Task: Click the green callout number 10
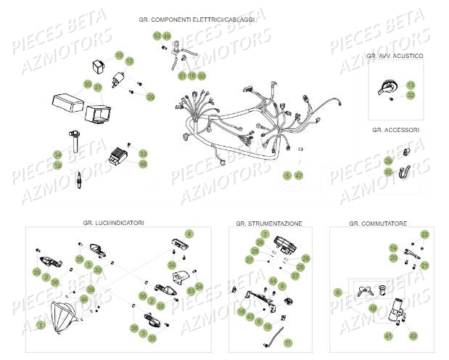(x=120, y=56)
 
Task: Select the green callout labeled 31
(x=98, y=86)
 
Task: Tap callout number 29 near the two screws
(x=150, y=97)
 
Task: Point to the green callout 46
(x=143, y=164)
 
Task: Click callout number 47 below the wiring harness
(x=298, y=176)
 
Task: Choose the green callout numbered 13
(x=411, y=85)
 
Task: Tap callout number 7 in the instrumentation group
(x=265, y=234)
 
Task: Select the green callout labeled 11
(x=287, y=342)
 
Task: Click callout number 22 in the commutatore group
(x=425, y=234)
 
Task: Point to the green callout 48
(x=373, y=308)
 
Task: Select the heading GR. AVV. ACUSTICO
(x=395, y=56)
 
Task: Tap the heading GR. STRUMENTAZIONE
(x=269, y=223)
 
